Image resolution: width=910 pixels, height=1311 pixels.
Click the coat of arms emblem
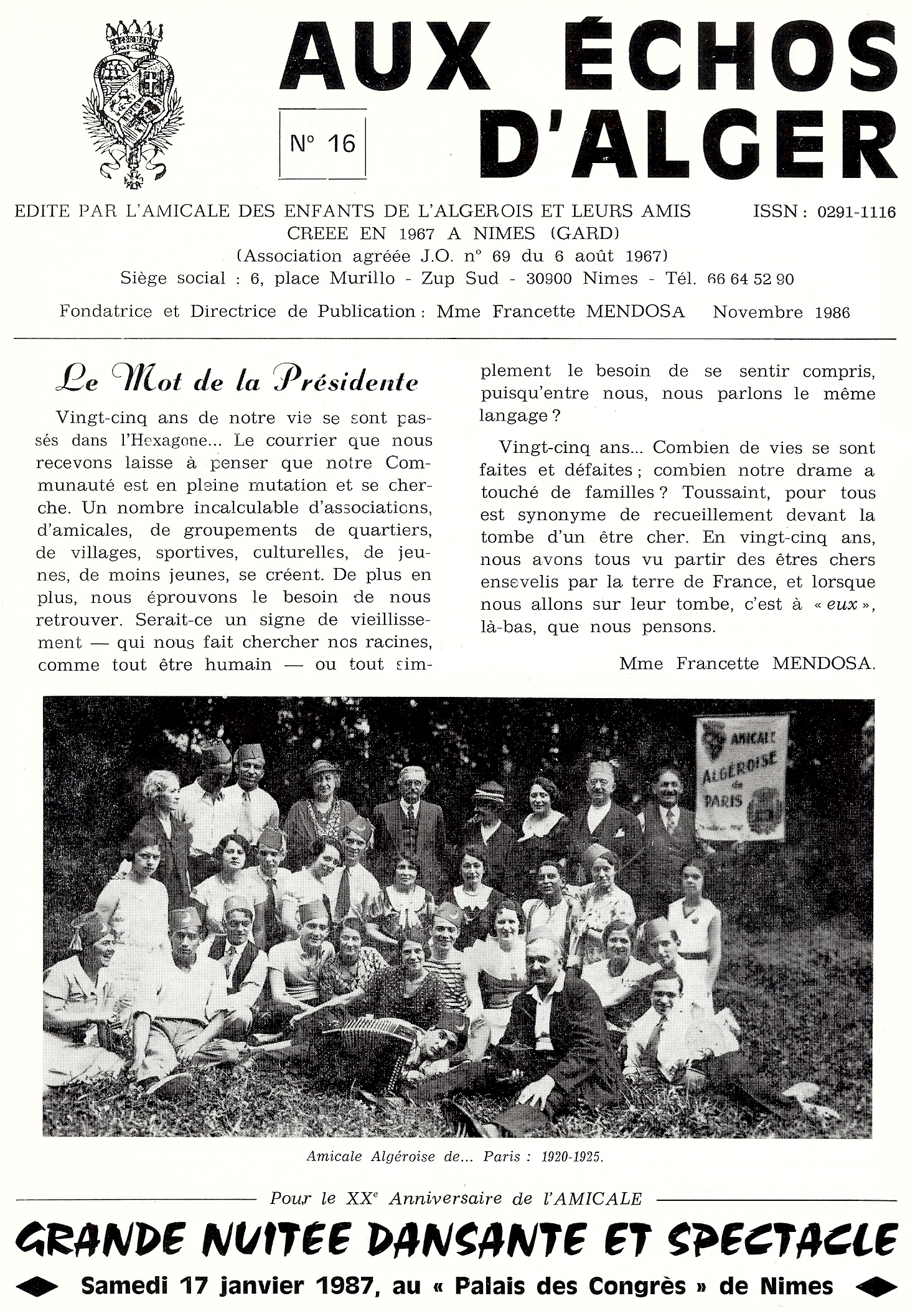pos(133,103)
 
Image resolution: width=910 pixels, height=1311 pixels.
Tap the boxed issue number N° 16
pos(323,144)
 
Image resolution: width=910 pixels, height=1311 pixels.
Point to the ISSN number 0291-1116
pos(856,212)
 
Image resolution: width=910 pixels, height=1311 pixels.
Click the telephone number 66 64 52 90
pos(751,279)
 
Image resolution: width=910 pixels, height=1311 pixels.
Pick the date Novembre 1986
pos(781,312)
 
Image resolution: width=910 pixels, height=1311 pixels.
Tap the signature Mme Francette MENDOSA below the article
pos(747,663)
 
